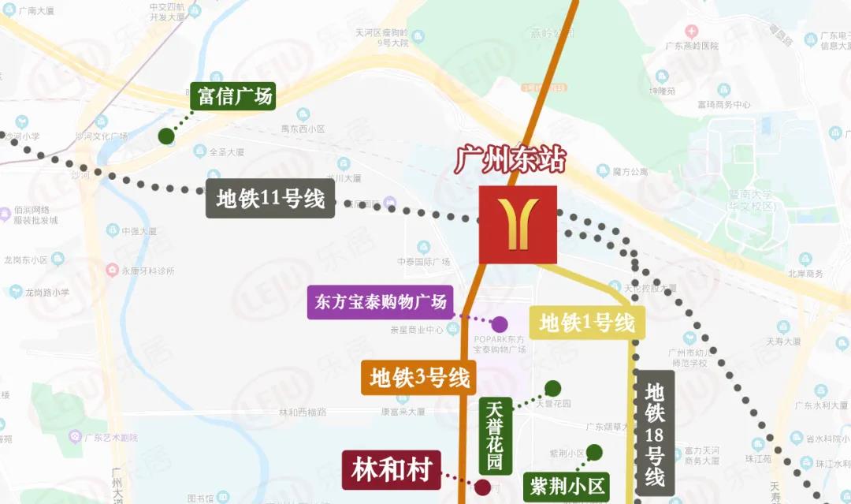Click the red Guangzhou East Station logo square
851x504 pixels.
[518, 225]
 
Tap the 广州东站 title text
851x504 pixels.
[510, 160]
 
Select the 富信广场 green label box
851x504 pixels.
[235, 96]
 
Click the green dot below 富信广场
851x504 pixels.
[166, 136]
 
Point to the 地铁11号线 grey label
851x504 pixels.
[270, 199]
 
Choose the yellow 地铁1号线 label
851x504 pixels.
[587, 322]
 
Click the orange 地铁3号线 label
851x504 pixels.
[419, 378]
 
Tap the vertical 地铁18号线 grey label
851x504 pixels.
[655, 434]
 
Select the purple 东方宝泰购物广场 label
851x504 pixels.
[381, 302]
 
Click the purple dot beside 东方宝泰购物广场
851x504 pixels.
[500, 324]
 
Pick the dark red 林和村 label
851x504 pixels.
[392, 471]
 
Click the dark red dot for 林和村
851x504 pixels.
[482, 487]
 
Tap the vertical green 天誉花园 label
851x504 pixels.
[494, 435]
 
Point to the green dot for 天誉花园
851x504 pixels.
[553, 388]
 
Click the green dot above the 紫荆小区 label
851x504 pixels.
[594, 452]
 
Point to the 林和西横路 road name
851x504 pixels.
[303, 412]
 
